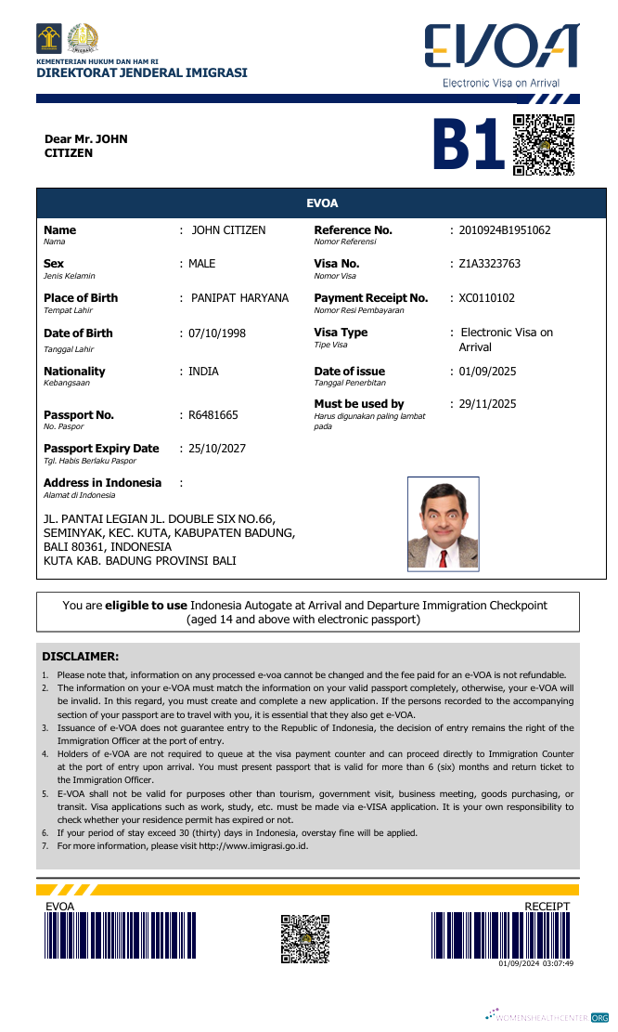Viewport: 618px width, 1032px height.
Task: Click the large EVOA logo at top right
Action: click(501, 47)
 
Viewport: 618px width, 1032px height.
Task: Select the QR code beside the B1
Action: click(544, 145)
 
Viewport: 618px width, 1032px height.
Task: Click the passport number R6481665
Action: click(213, 415)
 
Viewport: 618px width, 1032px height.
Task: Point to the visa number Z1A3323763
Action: click(490, 264)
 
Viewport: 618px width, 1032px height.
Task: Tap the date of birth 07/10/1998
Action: click(217, 333)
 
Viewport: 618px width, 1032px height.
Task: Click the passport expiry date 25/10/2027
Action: click(217, 449)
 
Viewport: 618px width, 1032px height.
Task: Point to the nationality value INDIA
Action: click(203, 372)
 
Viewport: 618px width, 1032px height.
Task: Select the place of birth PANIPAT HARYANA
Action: click(239, 298)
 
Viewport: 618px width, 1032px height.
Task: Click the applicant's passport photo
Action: click(443, 523)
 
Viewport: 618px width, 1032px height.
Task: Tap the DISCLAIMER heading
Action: click(81, 656)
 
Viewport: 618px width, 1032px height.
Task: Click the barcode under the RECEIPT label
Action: click(501, 935)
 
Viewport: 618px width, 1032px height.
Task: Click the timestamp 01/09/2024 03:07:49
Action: click(535, 964)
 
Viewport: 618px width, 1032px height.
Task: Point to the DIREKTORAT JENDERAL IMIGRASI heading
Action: click(142, 73)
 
